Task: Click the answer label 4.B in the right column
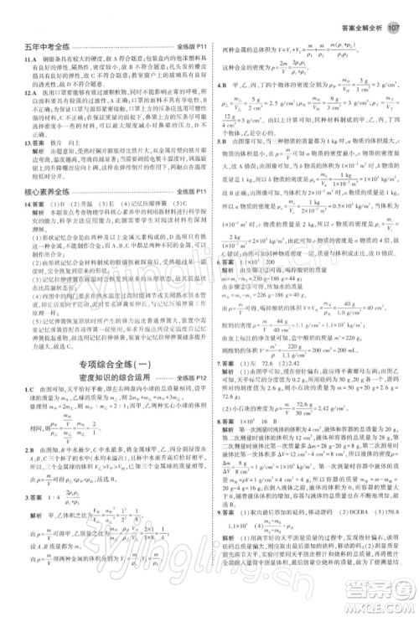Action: [221, 86]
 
